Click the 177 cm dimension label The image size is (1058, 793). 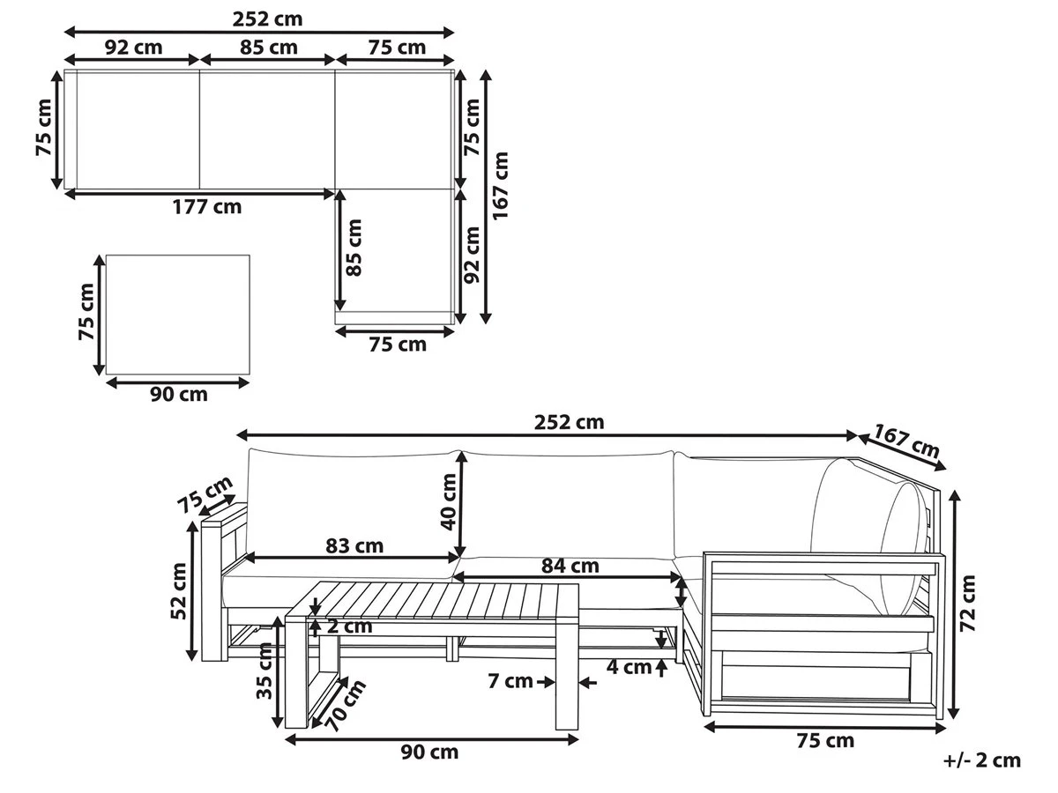tap(207, 207)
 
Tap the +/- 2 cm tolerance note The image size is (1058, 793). tap(982, 760)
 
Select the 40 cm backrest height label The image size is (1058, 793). tap(449, 501)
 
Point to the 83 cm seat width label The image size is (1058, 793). tap(354, 546)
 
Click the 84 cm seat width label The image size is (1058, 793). tap(570, 566)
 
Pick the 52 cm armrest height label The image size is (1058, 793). tap(178, 591)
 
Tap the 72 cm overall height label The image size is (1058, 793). tap(967, 604)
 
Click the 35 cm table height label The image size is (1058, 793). tap(264, 671)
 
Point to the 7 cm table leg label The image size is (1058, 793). tap(510, 681)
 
